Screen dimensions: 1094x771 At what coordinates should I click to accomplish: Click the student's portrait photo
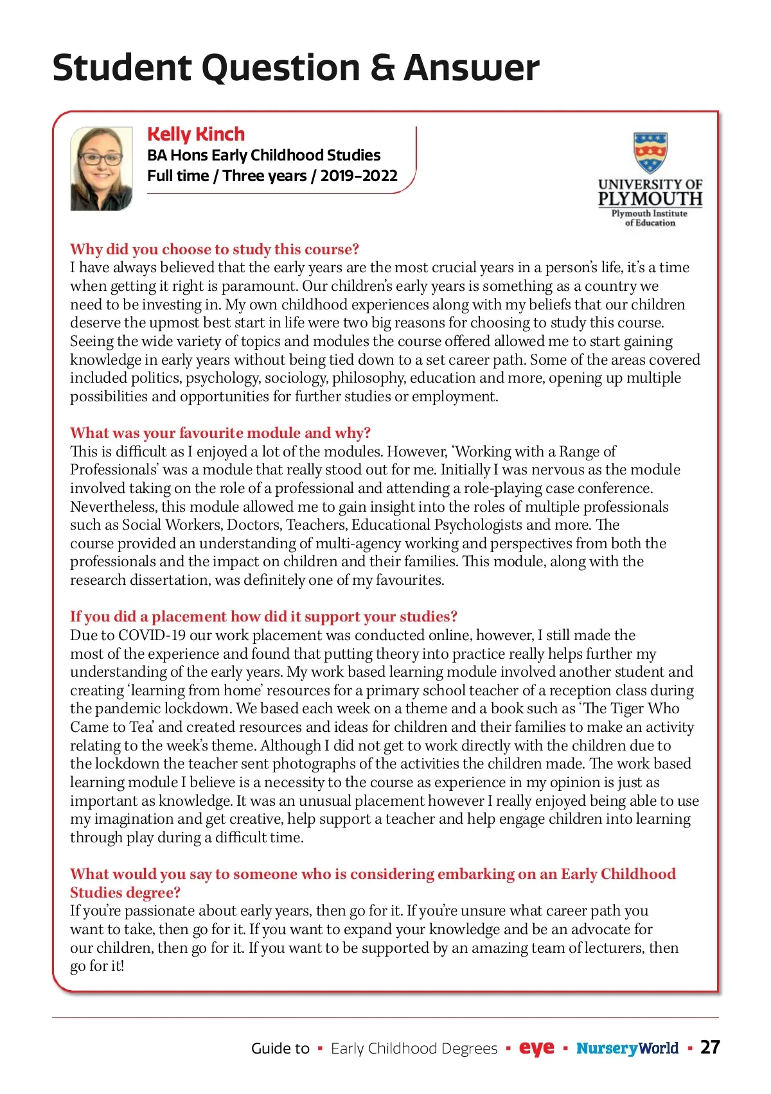(x=102, y=168)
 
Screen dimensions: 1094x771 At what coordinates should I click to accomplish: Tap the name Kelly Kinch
(x=196, y=134)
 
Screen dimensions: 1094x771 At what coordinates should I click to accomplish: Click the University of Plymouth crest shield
(x=650, y=152)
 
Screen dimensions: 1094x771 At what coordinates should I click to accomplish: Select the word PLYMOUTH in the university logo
(x=650, y=199)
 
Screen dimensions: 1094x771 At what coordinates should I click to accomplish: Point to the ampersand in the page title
(x=383, y=67)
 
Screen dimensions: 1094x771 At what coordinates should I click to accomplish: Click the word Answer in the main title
(x=472, y=67)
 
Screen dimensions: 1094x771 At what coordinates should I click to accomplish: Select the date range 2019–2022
(x=359, y=176)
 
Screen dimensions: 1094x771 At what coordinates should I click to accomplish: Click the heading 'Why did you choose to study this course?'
(x=215, y=249)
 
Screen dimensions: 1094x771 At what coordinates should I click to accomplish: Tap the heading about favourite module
(x=220, y=433)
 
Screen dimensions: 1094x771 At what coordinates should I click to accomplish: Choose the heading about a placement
(x=263, y=616)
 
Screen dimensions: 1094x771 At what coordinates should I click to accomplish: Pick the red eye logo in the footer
(x=536, y=1048)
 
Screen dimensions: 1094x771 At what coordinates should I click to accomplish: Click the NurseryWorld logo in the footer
(x=627, y=1048)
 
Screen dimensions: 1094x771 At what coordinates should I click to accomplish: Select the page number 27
(x=710, y=1048)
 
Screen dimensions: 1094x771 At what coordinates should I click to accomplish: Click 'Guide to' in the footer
(x=280, y=1048)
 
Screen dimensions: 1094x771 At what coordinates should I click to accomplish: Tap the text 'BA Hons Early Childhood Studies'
(x=263, y=155)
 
